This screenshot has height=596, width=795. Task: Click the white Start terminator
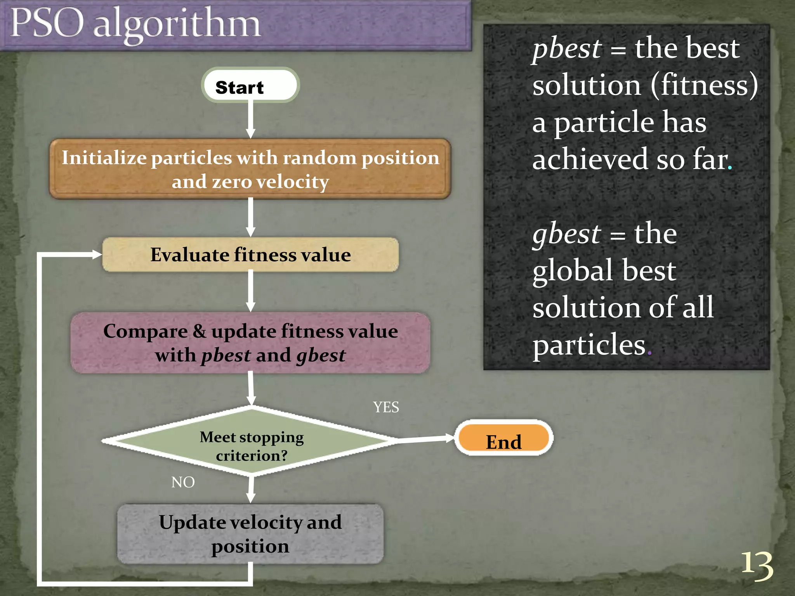pyautogui.click(x=250, y=85)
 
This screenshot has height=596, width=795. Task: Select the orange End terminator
pyautogui.click(x=504, y=438)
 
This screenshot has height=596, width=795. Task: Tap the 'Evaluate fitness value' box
pyautogui.click(x=250, y=255)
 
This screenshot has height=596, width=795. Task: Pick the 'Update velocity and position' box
pyautogui.click(x=250, y=534)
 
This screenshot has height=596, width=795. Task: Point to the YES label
pyautogui.click(x=386, y=407)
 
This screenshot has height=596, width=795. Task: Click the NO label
pyautogui.click(x=183, y=482)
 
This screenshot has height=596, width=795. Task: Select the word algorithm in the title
pyautogui.click(x=177, y=25)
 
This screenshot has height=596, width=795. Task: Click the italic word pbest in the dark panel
pyautogui.click(x=567, y=49)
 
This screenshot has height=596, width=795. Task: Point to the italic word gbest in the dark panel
pyautogui.click(x=566, y=235)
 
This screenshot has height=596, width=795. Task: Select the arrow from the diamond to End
pyautogui.click(x=425, y=439)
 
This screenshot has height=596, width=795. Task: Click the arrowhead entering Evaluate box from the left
pyautogui.click(x=96, y=255)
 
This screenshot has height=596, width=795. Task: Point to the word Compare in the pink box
pyautogui.click(x=145, y=332)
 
